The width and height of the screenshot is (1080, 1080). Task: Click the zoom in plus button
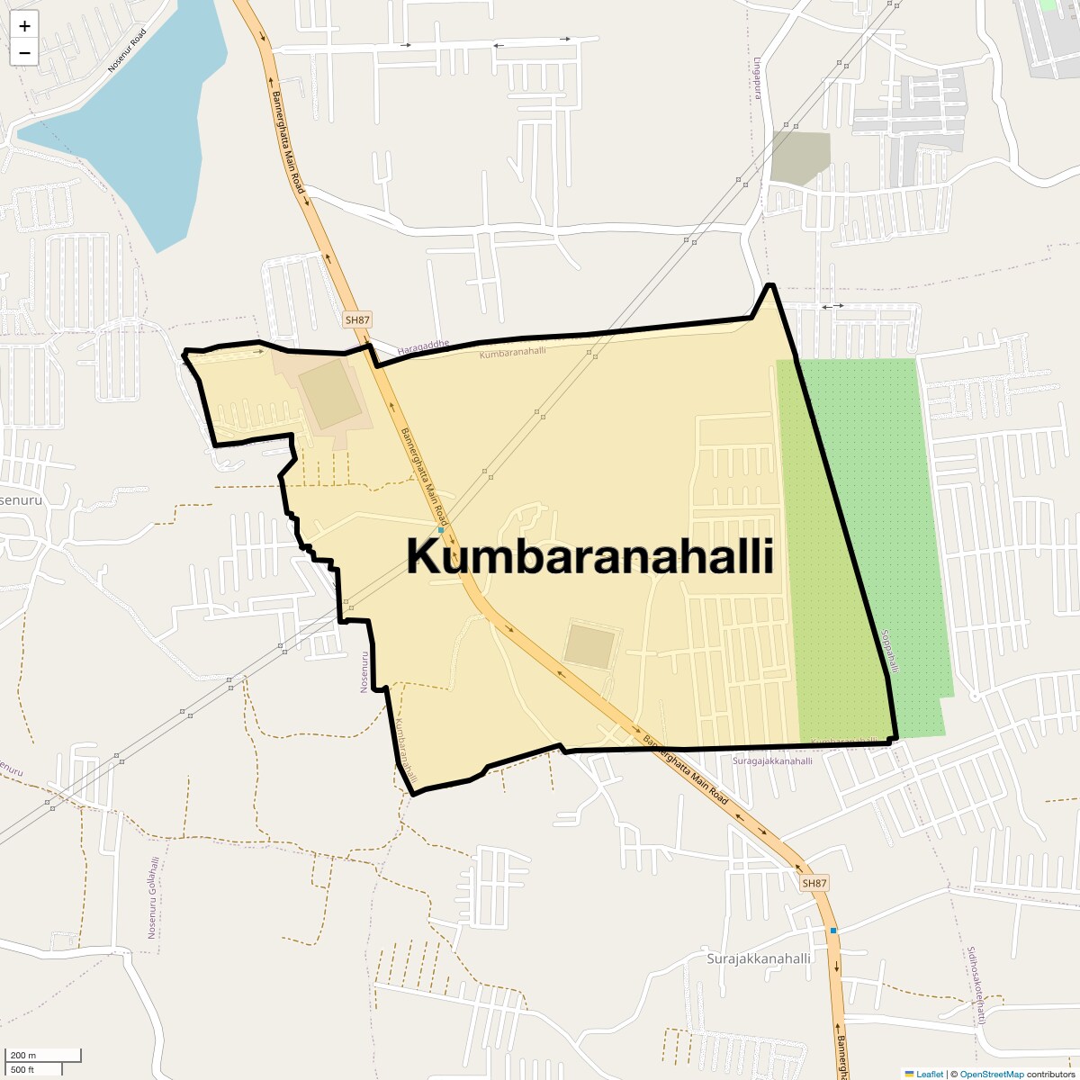[x=24, y=26]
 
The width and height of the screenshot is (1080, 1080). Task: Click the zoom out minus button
[x=24, y=52]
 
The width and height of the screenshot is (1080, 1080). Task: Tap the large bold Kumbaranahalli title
[x=589, y=557]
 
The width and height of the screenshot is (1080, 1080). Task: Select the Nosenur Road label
[x=126, y=50]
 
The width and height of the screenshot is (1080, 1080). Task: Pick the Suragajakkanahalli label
[x=772, y=761]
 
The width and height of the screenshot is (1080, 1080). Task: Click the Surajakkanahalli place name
[x=759, y=958]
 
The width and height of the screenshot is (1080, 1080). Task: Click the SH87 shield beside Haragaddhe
[x=357, y=319]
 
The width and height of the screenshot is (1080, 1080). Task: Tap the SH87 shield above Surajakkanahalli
[x=814, y=883]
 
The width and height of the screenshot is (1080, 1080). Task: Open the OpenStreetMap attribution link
[x=991, y=1074]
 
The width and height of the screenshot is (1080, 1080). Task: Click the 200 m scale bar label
[x=23, y=1056]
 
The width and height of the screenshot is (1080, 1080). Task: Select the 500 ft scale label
[x=23, y=1069]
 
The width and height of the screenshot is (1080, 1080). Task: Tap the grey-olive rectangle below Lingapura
[x=800, y=158]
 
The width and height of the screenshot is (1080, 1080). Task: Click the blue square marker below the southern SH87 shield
[x=833, y=930]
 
